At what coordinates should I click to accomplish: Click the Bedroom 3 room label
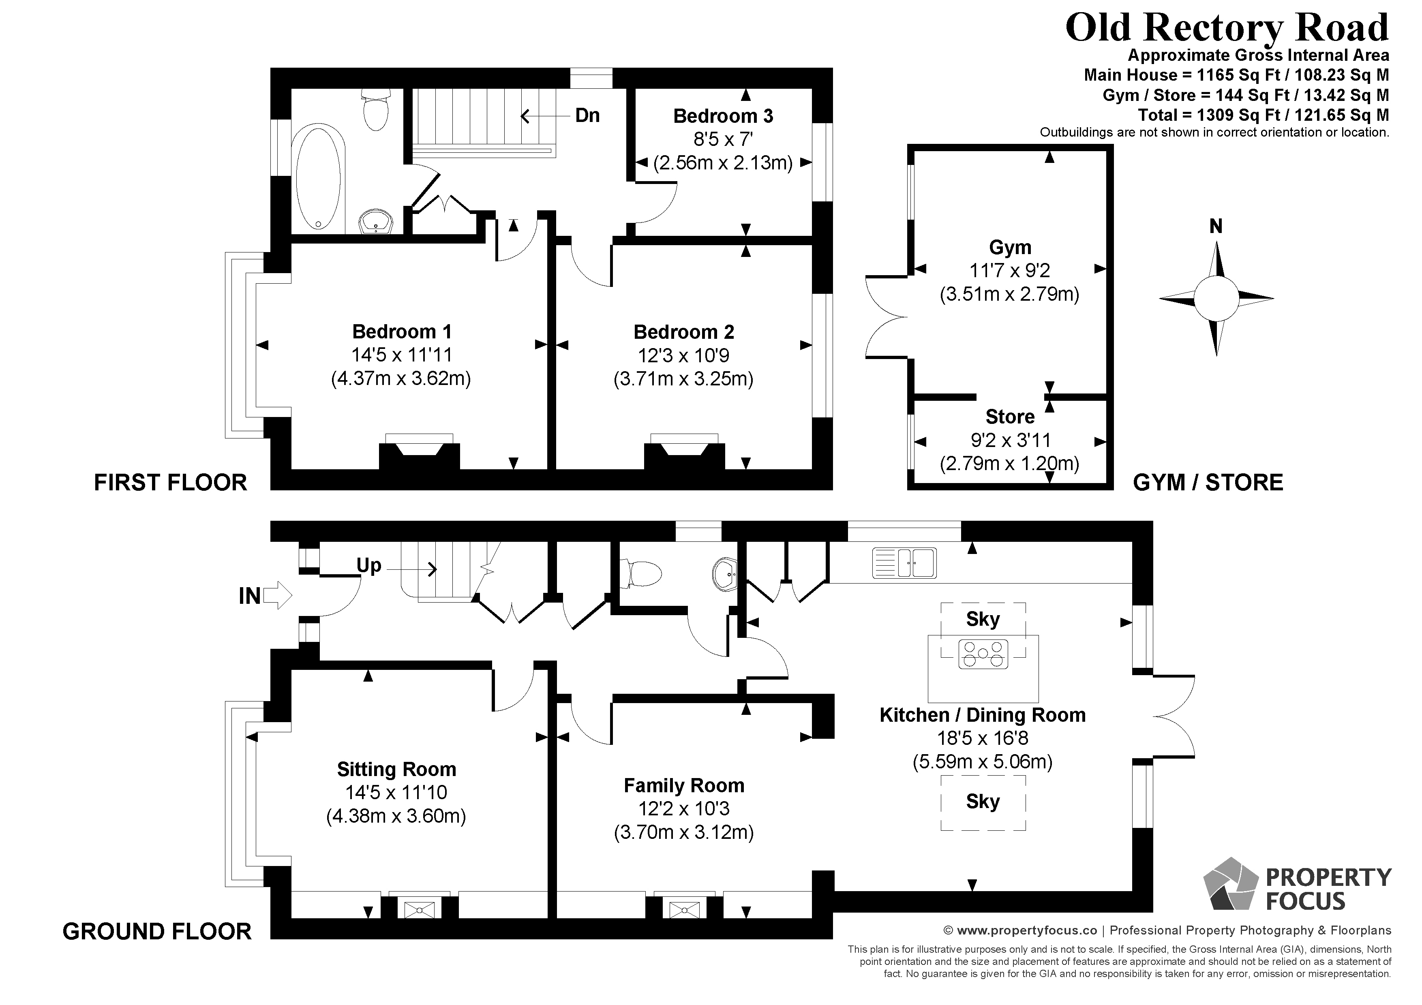pyautogui.click(x=723, y=116)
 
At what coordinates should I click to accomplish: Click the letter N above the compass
pyautogui.click(x=1216, y=227)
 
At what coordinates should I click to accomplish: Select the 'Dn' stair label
pyautogui.click(x=587, y=115)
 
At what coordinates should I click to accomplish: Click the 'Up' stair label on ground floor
pyautogui.click(x=368, y=565)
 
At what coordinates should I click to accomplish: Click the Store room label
pyautogui.click(x=1009, y=417)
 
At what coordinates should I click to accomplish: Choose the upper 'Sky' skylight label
pyautogui.click(x=983, y=619)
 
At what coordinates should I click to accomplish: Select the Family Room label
pyautogui.click(x=684, y=786)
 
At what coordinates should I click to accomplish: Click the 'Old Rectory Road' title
pyautogui.click(x=1226, y=28)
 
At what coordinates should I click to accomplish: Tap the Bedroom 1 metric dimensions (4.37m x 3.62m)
pyautogui.click(x=401, y=378)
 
